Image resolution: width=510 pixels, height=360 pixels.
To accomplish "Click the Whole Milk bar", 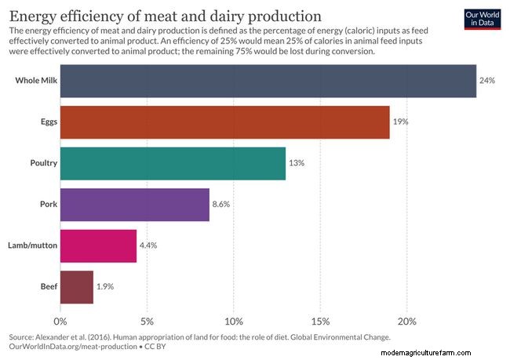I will (268, 81).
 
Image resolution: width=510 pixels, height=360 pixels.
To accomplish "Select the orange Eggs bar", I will (224, 122).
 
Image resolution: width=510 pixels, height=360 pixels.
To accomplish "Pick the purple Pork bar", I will (134, 204).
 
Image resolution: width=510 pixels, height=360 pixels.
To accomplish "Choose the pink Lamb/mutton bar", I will (98, 245).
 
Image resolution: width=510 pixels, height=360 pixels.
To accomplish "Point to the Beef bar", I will (76, 286).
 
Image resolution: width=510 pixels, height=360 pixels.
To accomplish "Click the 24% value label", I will (487, 81).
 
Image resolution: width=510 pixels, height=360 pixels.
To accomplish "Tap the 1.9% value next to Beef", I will (105, 286).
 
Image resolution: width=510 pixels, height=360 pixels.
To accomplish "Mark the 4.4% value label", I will (148, 245).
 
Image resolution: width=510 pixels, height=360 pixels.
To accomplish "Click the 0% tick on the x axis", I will (60, 321).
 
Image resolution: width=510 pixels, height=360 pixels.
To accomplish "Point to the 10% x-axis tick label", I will (234, 321).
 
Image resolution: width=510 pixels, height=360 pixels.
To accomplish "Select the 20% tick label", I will (406, 321).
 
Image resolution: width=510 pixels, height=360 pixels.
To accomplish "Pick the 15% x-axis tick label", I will (320, 321).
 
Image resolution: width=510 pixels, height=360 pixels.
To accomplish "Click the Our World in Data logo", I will (481, 19).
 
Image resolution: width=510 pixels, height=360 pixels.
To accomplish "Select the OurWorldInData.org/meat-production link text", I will (72, 346).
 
